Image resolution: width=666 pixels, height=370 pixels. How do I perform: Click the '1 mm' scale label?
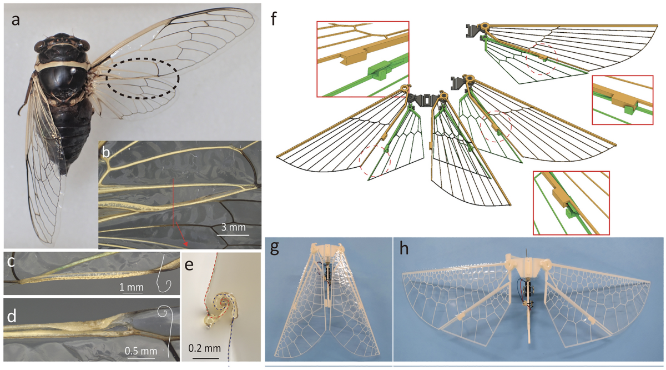coord(131,287)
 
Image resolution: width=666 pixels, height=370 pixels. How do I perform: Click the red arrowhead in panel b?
coord(185,244)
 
